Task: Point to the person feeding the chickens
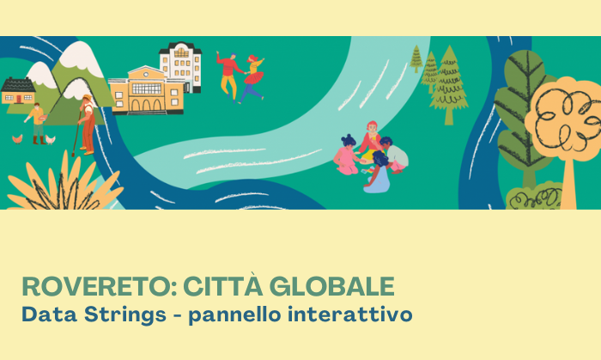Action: point(37,123)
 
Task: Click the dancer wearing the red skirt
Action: point(252,79)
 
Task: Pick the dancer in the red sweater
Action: point(229,74)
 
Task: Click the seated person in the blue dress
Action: point(377,174)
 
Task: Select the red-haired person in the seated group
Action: point(370,138)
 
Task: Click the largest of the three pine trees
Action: point(448,87)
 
